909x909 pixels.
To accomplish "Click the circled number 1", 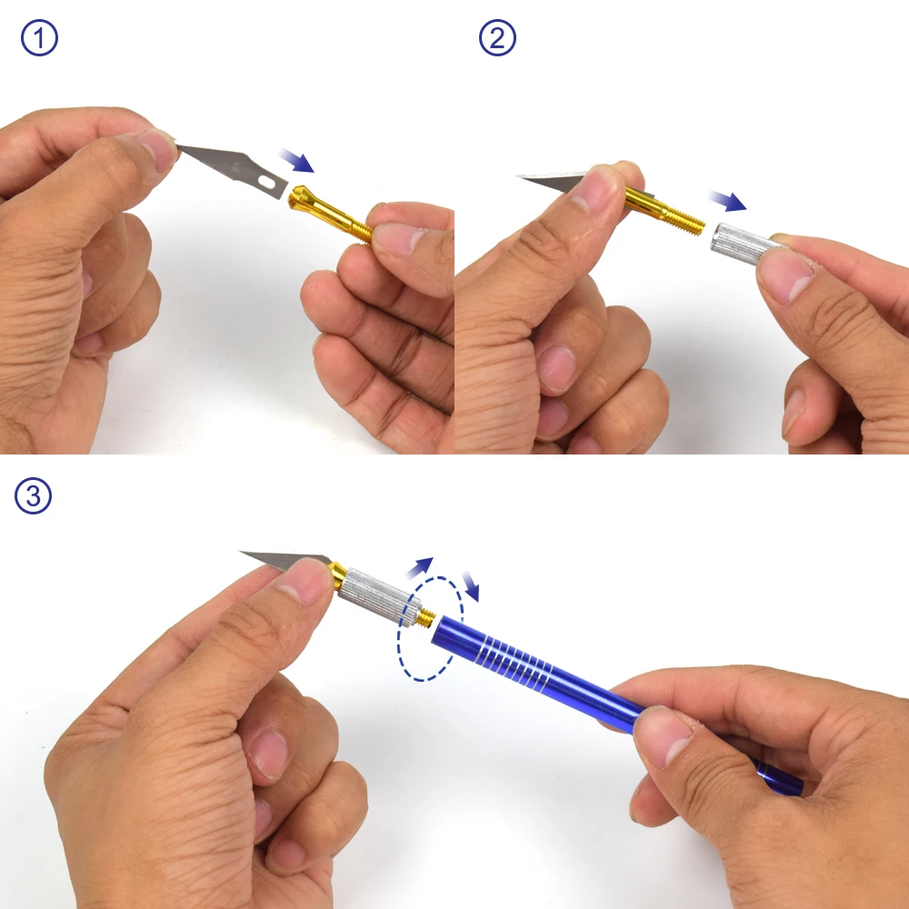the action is [39, 37].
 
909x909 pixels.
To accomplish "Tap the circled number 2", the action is [497, 37].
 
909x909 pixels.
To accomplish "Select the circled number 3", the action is [33, 495].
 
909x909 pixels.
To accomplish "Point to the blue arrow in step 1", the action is [297, 161].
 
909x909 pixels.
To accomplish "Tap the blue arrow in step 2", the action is [728, 201].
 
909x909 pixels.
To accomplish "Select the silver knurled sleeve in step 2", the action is [742, 244].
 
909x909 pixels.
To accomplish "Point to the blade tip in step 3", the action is [240, 552].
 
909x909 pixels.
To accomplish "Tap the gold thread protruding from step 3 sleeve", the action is [426, 618].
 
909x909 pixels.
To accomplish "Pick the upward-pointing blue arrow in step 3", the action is [420, 567].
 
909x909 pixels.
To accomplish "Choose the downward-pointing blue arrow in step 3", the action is [471, 586].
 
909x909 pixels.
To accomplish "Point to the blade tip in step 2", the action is [517, 175].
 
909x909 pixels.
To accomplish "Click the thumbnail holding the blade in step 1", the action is [157, 148].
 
